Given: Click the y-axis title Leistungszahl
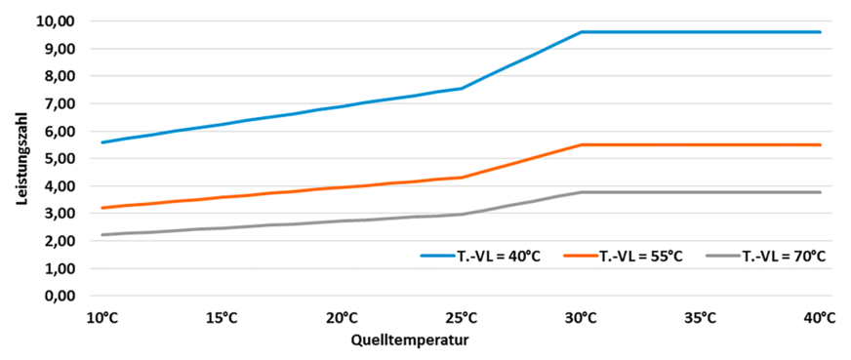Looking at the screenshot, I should [20, 158].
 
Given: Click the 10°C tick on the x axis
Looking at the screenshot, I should [102, 317].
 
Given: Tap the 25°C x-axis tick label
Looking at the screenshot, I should [462, 317].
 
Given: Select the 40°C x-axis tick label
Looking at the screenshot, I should [820, 317].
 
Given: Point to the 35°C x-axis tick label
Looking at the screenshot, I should [701, 317].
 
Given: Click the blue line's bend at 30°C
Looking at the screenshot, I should [582, 32].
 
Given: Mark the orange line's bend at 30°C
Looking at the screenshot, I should [582, 144].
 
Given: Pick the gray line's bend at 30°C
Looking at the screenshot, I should [582, 192].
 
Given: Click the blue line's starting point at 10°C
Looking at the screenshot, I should [102, 142].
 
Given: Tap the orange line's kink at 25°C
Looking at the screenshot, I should [462, 178].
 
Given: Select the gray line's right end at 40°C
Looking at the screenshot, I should [820, 192].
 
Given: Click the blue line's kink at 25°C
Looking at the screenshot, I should [462, 88].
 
